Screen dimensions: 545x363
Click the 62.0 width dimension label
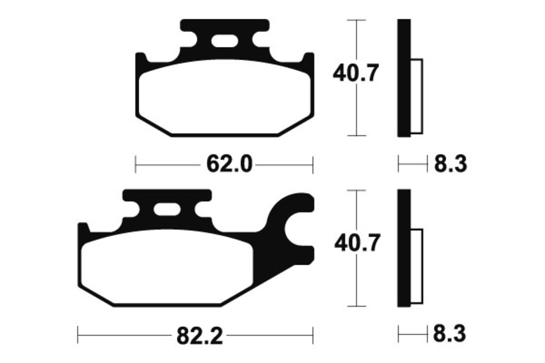click(x=229, y=164)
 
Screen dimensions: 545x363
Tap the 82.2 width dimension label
click(x=200, y=336)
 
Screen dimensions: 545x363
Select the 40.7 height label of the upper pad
click(x=356, y=73)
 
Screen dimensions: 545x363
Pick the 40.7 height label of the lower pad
click(x=356, y=243)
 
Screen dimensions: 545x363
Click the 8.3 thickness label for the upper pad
click(x=450, y=163)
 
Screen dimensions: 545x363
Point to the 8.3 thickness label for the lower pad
click(x=450, y=334)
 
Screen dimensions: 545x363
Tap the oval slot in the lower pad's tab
click(x=167, y=210)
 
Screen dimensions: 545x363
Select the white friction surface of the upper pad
click(x=224, y=97)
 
